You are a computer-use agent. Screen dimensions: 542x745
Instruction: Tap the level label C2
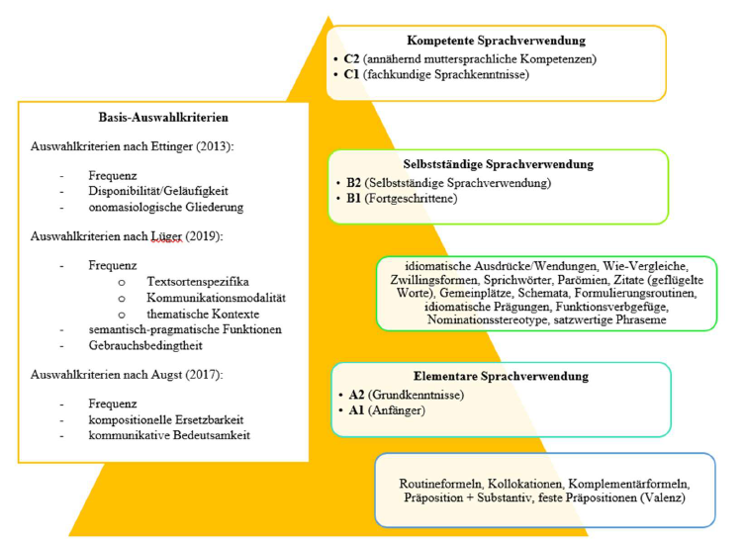point(351,58)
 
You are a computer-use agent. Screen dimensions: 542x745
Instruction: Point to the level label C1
point(351,74)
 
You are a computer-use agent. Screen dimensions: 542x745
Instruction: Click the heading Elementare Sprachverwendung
point(503,378)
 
